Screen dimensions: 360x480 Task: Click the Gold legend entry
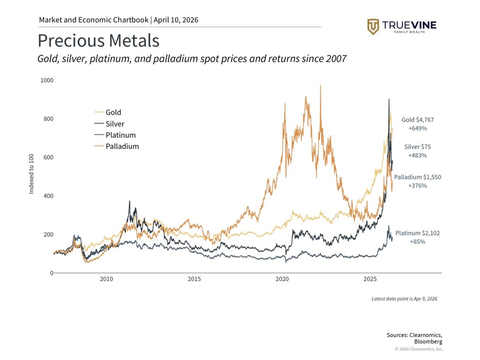(113, 112)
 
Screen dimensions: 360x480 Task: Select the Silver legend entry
(115, 124)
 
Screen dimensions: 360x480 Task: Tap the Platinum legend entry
(120, 135)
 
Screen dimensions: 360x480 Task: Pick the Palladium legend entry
(122, 146)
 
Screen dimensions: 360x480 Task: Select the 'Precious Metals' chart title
(98, 41)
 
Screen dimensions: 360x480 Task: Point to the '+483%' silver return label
(417, 155)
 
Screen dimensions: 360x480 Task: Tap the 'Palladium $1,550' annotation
(417, 177)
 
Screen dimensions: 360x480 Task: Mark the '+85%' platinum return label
(418, 241)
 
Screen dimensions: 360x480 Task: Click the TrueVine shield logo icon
(373, 27)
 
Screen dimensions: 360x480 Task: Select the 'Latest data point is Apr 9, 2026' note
(404, 299)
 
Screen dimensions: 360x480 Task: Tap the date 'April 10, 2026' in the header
(175, 20)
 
